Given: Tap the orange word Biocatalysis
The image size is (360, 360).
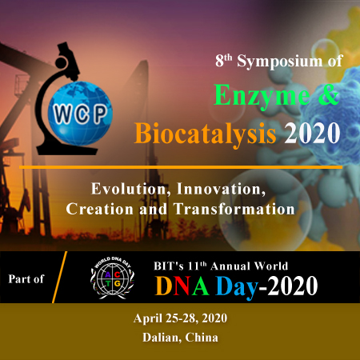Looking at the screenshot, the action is pyautogui.click(x=205, y=134).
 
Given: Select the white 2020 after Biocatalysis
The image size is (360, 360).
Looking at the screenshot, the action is pyautogui.click(x=312, y=134).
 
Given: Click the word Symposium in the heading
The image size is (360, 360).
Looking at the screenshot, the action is pyautogui.click(x=280, y=62).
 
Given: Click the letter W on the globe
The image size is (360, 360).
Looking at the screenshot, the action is pyautogui.click(x=62, y=114).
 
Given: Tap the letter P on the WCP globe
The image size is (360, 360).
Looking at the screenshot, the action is pyautogui.click(x=101, y=113).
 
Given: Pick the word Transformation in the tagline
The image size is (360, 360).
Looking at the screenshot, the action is pyautogui.click(x=234, y=209).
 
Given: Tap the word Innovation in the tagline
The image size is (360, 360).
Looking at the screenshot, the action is pyautogui.click(x=222, y=190).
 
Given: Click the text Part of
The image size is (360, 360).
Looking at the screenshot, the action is pyautogui.click(x=26, y=279).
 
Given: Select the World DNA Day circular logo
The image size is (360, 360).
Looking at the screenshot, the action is pyautogui.click(x=112, y=278).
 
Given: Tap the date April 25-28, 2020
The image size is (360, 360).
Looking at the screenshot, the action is pyautogui.click(x=181, y=318).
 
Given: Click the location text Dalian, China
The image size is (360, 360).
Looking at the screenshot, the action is pyautogui.click(x=180, y=338).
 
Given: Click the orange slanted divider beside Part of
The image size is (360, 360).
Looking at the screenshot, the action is pyautogui.click(x=59, y=277).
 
